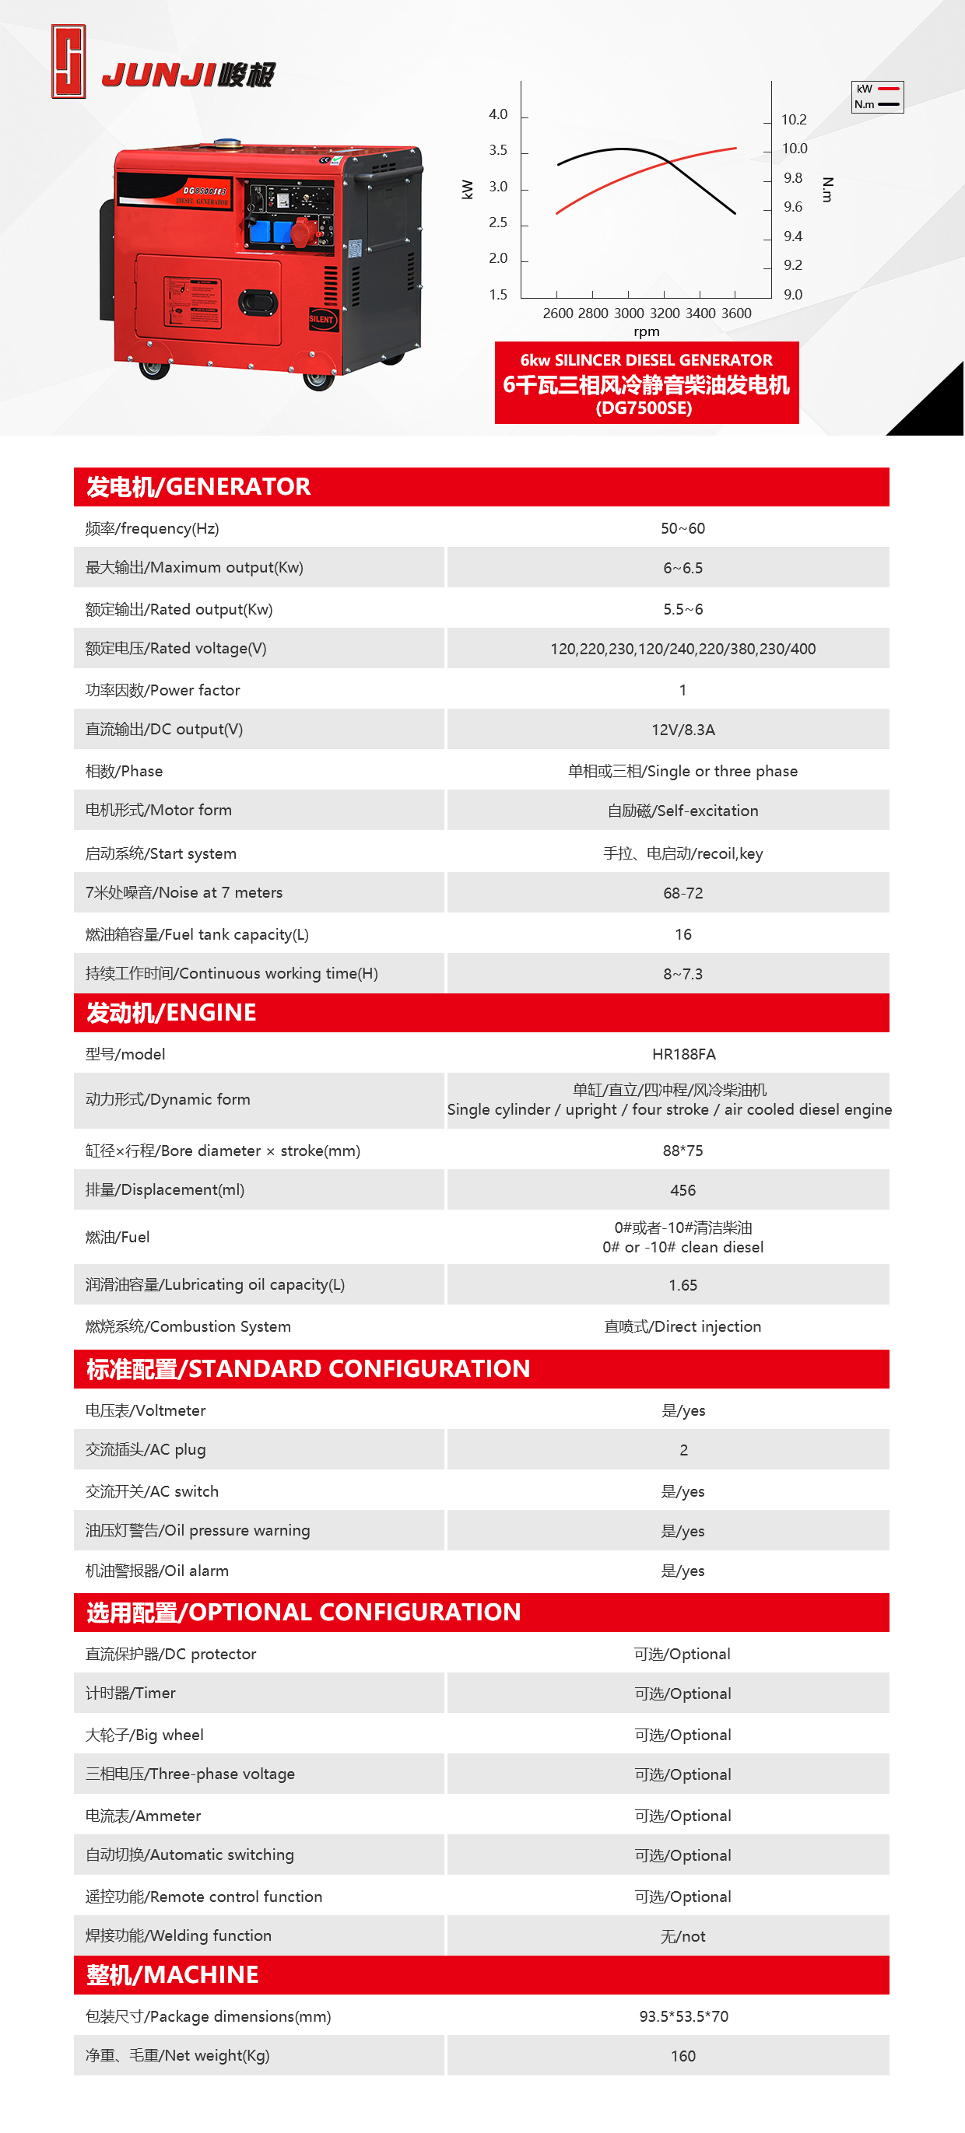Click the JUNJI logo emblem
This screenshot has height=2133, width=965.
tap(68, 61)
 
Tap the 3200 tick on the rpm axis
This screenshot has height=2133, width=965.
tap(665, 313)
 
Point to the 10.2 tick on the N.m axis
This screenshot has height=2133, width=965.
tap(793, 120)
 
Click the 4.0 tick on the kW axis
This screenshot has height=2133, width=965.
tap(498, 114)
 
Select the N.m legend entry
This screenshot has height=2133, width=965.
tap(876, 104)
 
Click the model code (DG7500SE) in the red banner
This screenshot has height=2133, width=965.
tap(644, 408)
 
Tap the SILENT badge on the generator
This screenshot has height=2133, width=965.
tap(321, 319)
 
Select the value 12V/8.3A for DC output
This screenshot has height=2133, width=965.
tap(683, 730)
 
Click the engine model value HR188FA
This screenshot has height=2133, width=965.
tap(683, 1054)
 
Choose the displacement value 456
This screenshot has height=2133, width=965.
tap(683, 1190)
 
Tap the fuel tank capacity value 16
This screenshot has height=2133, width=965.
tap(683, 934)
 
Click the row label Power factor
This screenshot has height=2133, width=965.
tap(163, 690)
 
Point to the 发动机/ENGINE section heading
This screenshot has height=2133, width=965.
tap(171, 1013)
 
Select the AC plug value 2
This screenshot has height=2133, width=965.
tap(683, 1450)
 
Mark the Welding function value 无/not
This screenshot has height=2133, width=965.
tap(683, 1936)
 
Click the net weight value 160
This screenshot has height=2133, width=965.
tap(683, 2056)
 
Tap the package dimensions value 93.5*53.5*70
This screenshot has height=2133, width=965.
tap(683, 2016)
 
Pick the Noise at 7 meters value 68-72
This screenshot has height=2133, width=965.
tap(683, 892)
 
